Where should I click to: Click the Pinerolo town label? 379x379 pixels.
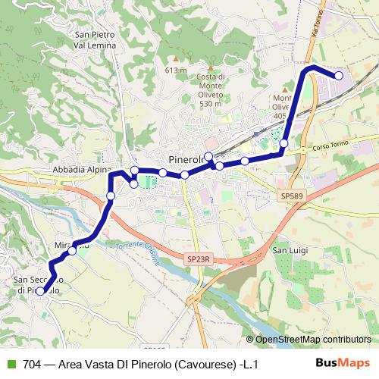(x=186, y=161)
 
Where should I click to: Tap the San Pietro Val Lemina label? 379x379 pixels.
(x=95, y=39)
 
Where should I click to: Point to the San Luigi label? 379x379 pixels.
(x=289, y=251)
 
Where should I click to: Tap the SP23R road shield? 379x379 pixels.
(x=196, y=259)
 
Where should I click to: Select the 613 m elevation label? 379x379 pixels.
(x=175, y=70)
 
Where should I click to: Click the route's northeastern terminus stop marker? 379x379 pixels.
(x=339, y=75)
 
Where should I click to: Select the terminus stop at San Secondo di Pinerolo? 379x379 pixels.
(x=40, y=290)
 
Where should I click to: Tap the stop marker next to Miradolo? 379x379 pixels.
(x=72, y=252)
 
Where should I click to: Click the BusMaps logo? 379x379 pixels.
(x=343, y=363)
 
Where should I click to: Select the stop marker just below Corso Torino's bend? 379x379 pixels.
(x=284, y=143)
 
